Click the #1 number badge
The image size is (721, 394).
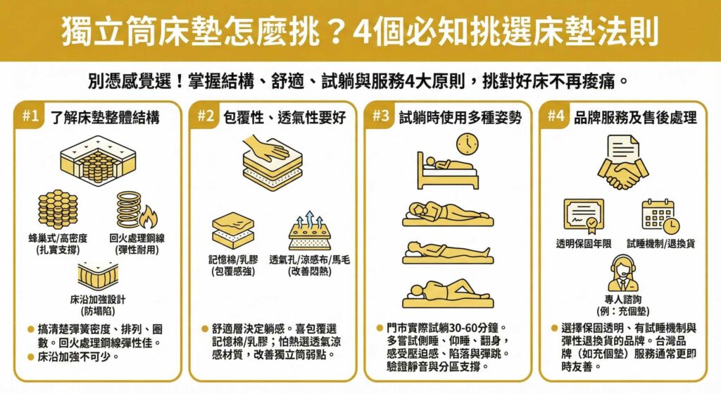click(x=30, y=117)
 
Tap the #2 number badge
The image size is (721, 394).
click(x=204, y=117)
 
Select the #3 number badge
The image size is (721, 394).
click(x=381, y=117)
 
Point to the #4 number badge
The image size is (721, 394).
click(x=556, y=117)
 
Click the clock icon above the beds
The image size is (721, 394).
click(x=467, y=144)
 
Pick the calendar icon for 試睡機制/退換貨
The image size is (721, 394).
click(x=660, y=216)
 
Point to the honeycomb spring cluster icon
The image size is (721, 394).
click(x=58, y=209)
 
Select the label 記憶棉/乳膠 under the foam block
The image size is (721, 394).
click(x=232, y=259)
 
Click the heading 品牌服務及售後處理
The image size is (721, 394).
click(x=636, y=118)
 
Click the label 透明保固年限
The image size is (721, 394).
click(x=583, y=243)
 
